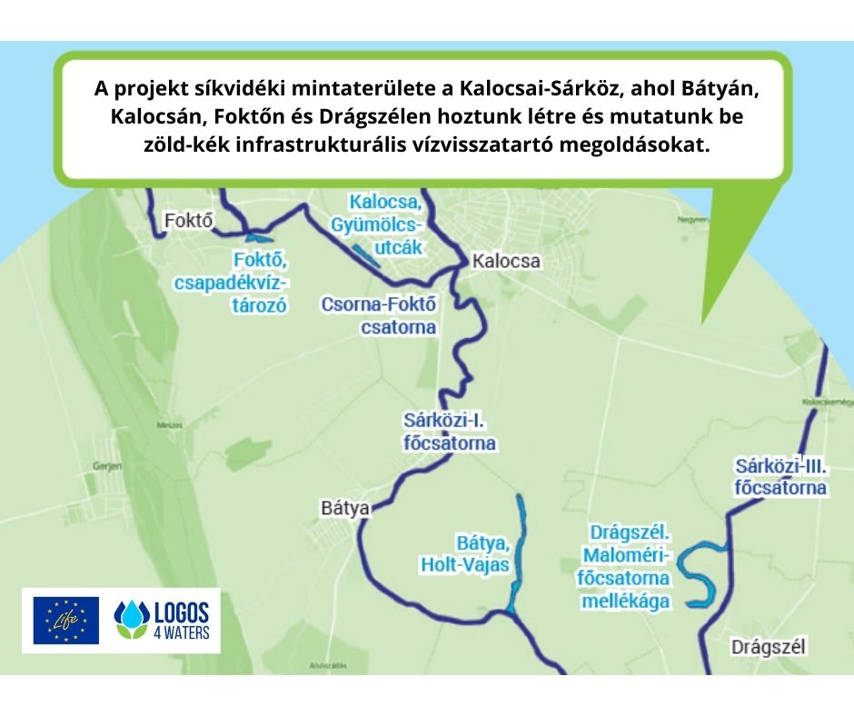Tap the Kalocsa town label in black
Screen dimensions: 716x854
pyautogui.click(x=506, y=262)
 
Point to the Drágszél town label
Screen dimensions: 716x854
pyautogui.click(x=769, y=648)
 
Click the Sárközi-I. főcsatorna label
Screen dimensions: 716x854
pyautogui.click(x=449, y=433)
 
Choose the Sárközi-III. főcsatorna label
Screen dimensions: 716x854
pyautogui.click(x=780, y=478)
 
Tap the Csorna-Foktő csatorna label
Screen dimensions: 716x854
pyautogui.click(x=379, y=315)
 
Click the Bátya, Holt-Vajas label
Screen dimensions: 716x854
pyautogui.click(x=464, y=554)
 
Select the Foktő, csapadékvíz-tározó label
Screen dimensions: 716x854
pyautogui.click(x=242, y=283)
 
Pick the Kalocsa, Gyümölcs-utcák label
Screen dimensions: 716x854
pyautogui.click(x=385, y=223)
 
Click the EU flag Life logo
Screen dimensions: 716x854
pyautogui.click(x=65, y=621)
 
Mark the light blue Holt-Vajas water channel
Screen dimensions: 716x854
pyautogui.click(x=520, y=545)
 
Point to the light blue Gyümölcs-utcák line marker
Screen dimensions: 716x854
pyautogui.click(x=365, y=255)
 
